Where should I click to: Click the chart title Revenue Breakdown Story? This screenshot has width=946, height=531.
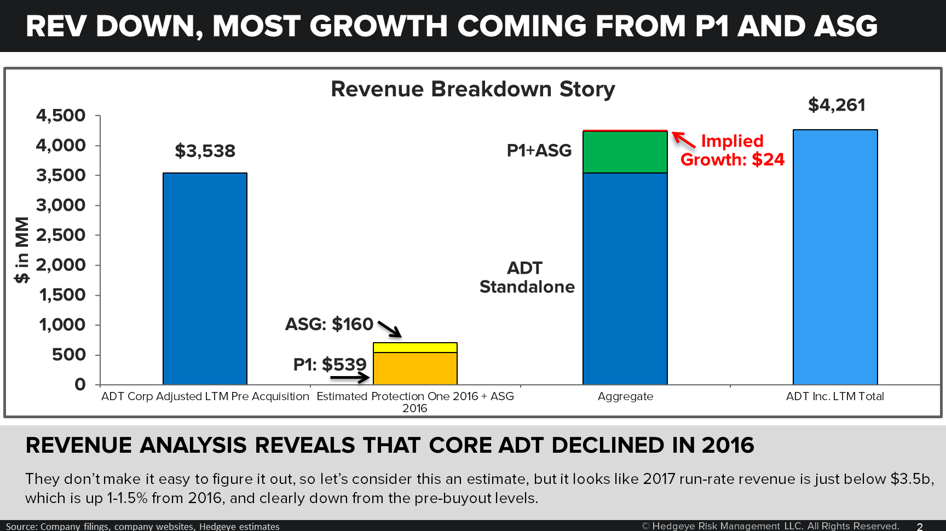[x=472, y=89]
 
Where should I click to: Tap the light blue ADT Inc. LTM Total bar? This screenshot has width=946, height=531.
[x=835, y=257]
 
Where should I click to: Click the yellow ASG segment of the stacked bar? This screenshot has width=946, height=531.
[x=415, y=348]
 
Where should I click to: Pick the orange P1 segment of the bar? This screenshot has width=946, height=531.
[x=415, y=368]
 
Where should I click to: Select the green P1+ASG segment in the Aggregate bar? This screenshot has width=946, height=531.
[x=625, y=152]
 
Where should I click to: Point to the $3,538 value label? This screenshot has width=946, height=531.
[x=205, y=151]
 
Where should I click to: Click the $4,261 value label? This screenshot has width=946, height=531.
[x=837, y=105]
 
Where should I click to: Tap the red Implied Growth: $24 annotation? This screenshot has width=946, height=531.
[x=732, y=151]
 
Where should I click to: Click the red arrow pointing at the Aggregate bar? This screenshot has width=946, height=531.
[x=683, y=140]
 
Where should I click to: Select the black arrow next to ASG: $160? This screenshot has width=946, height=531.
[x=389, y=328]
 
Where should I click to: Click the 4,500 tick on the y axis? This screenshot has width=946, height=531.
[x=61, y=116]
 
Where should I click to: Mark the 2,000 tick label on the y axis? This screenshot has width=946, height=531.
[x=61, y=265]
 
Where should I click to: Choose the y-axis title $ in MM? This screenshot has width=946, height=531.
[x=22, y=250]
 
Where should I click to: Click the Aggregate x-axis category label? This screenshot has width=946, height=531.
[x=625, y=396]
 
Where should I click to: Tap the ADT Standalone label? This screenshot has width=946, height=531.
[x=527, y=278]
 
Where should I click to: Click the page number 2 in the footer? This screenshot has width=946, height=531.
[x=920, y=526]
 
